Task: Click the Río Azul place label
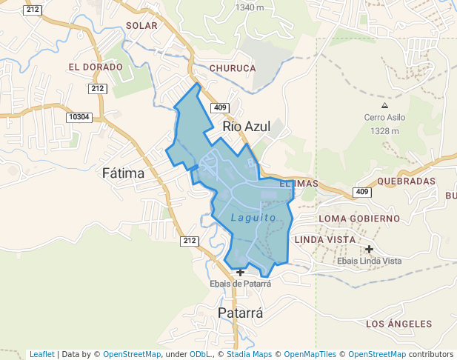(x=246, y=127)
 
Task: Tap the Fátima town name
(x=123, y=173)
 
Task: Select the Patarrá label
(x=240, y=313)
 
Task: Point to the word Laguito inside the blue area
(x=253, y=218)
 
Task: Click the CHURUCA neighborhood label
(x=233, y=68)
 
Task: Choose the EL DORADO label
(x=95, y=67)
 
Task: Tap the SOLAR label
(x=142, y=25)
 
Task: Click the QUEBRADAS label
(x=406, y=181)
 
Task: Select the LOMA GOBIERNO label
(x=359, y=219)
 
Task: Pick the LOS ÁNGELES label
(x=398, y=324)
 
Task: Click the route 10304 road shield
(x=78, y=117)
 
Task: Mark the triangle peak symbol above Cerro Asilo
(x=384, y=106)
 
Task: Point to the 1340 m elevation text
(x=249, y=7)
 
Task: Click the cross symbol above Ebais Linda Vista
(x=369, y=249)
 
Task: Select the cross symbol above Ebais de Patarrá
(x=240, y=273)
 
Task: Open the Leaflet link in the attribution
(x=41, y=354)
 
